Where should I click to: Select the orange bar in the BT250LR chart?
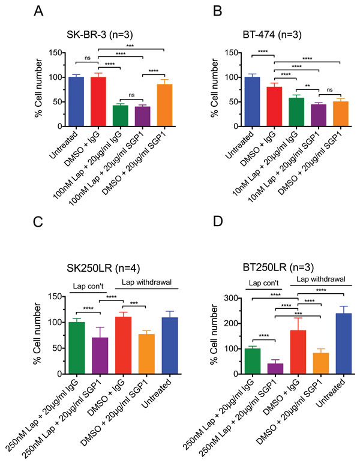[322, 363]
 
